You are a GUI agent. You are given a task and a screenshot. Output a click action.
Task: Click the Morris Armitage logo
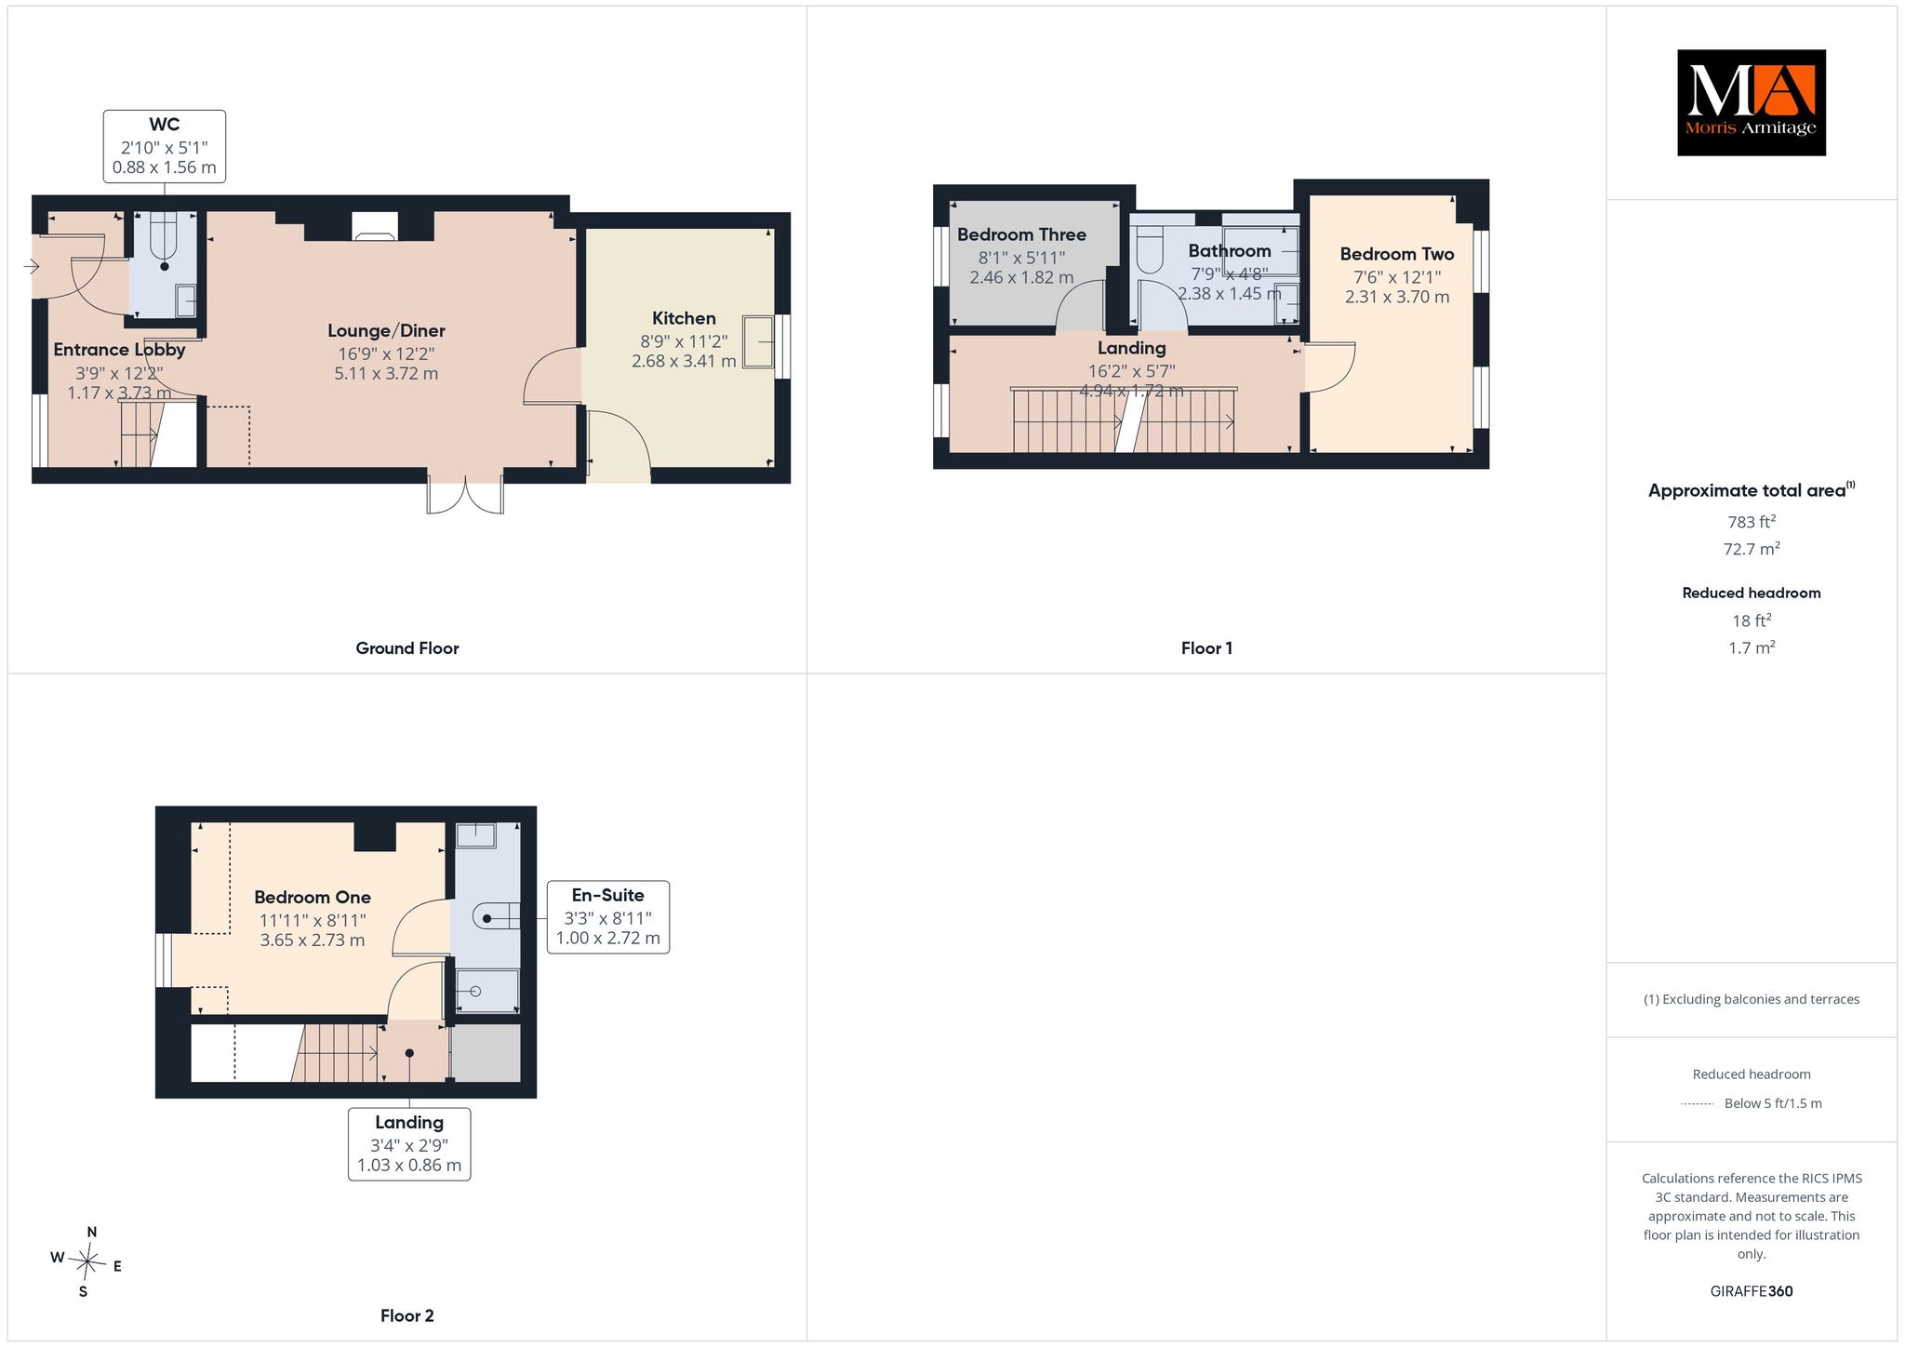click(x=1751, y=102)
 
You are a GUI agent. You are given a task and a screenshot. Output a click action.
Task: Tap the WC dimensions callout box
click(x=165, y=146)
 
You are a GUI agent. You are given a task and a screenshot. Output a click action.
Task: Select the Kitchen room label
click(x=684, y=318)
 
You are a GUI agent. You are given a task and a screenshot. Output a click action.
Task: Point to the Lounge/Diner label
click(x=386, y=330)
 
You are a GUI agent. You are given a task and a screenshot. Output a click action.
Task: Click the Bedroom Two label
click(x=1397, y=254)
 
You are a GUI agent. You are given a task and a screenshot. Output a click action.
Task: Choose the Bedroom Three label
click(x=1021, y=234)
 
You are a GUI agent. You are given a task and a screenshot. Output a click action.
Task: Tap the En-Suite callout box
click(x=608, y=916)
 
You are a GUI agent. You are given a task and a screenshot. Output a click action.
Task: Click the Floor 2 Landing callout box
click(x=409, y=1143)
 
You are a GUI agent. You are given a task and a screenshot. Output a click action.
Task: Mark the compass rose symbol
click(x=86, y=1261)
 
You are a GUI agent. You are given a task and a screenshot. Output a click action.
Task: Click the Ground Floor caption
click(x=407, y=648)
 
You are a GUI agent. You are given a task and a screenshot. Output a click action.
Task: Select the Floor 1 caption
click(x=1206, y=648)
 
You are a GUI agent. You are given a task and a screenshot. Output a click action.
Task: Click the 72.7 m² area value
click(x=1752, y=549)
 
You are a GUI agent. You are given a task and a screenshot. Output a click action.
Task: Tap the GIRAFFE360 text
click(x=1752, y=1291)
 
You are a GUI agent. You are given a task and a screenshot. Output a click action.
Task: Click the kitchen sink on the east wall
click(x=758, y=342)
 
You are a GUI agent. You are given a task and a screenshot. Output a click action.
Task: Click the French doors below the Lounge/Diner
click(x=465, y=494)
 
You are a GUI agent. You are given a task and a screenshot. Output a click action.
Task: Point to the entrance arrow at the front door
click(x=31, y=267)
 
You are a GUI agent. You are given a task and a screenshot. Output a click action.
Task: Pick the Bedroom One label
click(x=313, y=898)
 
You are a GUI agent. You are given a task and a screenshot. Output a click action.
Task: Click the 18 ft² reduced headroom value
click(x=1752, y=620)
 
